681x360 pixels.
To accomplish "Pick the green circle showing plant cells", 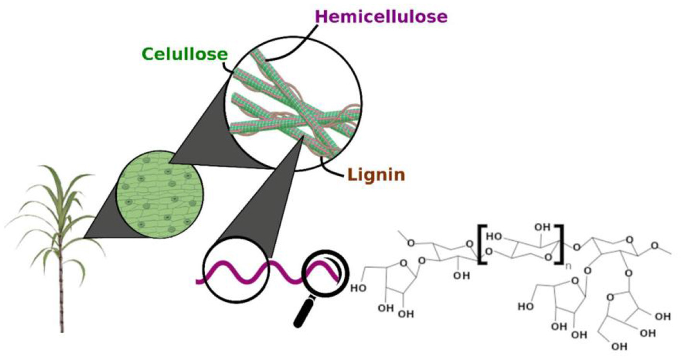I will pos(161,199).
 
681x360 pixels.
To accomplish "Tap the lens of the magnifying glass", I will pos(323,272).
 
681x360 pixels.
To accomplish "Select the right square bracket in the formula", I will pos(559,244).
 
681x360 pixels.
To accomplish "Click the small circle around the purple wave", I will pos(235,273).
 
